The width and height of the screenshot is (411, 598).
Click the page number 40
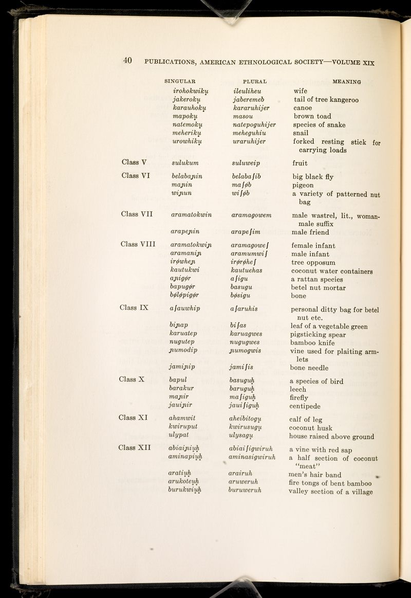[127, 61]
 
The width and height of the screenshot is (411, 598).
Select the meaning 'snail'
[301, 133]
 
